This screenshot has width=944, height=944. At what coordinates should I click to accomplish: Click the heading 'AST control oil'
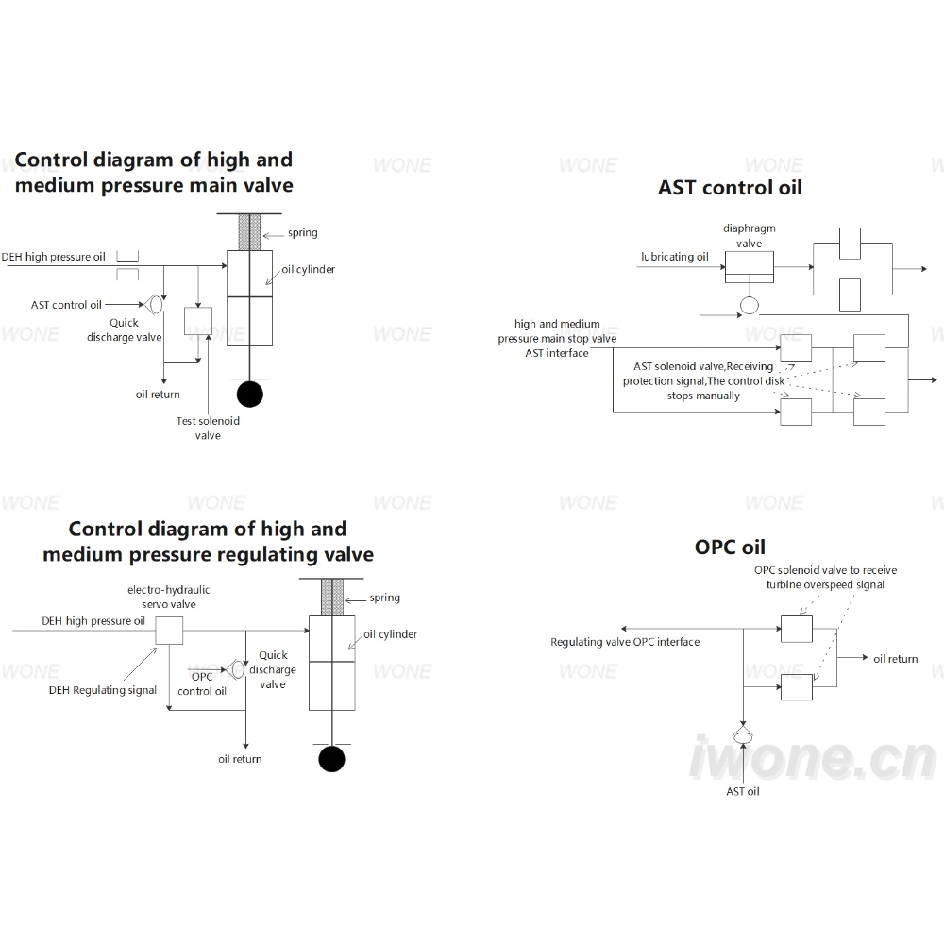click(x=730, y=187)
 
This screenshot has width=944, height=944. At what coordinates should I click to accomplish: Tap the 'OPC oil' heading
click(x=730, y=547)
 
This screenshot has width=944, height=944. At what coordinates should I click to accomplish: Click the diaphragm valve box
click(x=749, y=267)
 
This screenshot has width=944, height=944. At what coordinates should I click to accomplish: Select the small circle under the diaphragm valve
click(x=749, y=305)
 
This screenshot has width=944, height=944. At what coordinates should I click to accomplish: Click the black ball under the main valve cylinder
click(x=250, y=395)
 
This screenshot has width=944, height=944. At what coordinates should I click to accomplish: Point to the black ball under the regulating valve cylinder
click(x=331, y=759)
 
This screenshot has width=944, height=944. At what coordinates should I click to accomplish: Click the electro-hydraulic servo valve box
click(x=169, y=631)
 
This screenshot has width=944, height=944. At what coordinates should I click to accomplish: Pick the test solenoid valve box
click(x=198, y=322)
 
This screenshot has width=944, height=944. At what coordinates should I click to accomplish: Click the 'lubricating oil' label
click(x=674, y=257)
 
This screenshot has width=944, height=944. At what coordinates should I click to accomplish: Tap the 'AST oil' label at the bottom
click(x=742, y=791)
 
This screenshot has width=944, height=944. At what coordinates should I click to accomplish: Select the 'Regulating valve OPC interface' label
click(x=625, y=642)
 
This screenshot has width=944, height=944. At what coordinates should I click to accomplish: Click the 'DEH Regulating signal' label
click(x=102, y=690)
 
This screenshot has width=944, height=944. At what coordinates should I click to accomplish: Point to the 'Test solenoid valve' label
click(x=208, y=428)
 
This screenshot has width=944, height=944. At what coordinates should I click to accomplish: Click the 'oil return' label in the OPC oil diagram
click(x=895, y=659)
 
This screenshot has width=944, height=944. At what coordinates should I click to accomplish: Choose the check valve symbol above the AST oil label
click(x=743, y=735)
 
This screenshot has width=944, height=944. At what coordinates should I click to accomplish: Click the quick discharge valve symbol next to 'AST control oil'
click(x=154, y=304)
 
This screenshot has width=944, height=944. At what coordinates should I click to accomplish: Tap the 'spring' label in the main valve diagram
click(x=302, y=233)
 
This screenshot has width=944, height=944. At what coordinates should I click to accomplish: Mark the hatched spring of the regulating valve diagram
click(x=331, y=597)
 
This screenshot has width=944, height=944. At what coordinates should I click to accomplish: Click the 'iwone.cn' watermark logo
click(x=813, y=758)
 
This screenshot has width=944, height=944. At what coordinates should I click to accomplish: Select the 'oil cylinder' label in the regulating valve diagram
click(x=390, y=634)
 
